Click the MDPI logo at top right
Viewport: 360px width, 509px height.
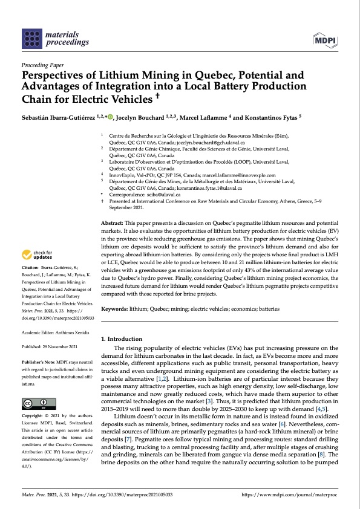pos(326,40)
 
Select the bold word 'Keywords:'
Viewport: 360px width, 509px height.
pos(117,308)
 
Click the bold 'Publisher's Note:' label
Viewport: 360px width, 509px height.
pos(39,361)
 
